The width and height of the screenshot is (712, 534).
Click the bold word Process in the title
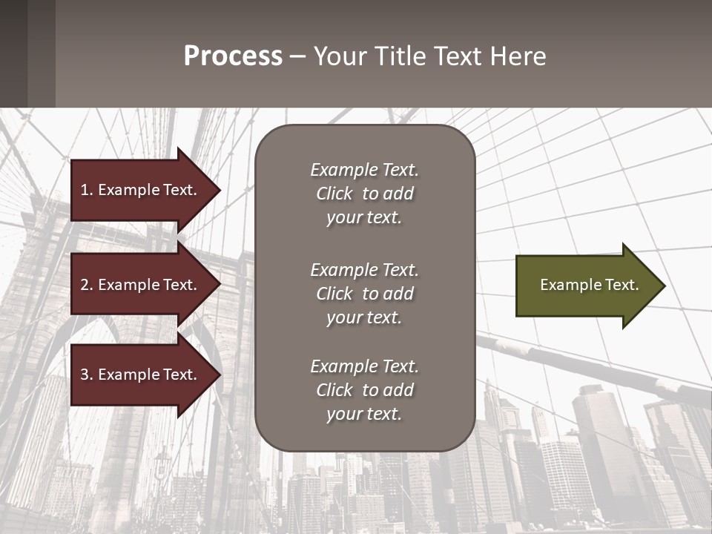point(233,56)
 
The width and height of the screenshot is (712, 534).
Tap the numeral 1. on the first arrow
point(86,190)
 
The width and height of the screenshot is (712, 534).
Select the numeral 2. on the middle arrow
point(86,285)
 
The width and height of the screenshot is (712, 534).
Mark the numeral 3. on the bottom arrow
point(86,375)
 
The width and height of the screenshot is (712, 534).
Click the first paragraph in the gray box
point(364,194)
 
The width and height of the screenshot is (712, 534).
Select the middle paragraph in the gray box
point(364,294)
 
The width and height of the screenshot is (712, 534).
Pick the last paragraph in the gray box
point(364,390)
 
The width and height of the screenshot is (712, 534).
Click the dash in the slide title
point(298,56)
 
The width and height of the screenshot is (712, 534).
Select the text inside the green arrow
point(590,285)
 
